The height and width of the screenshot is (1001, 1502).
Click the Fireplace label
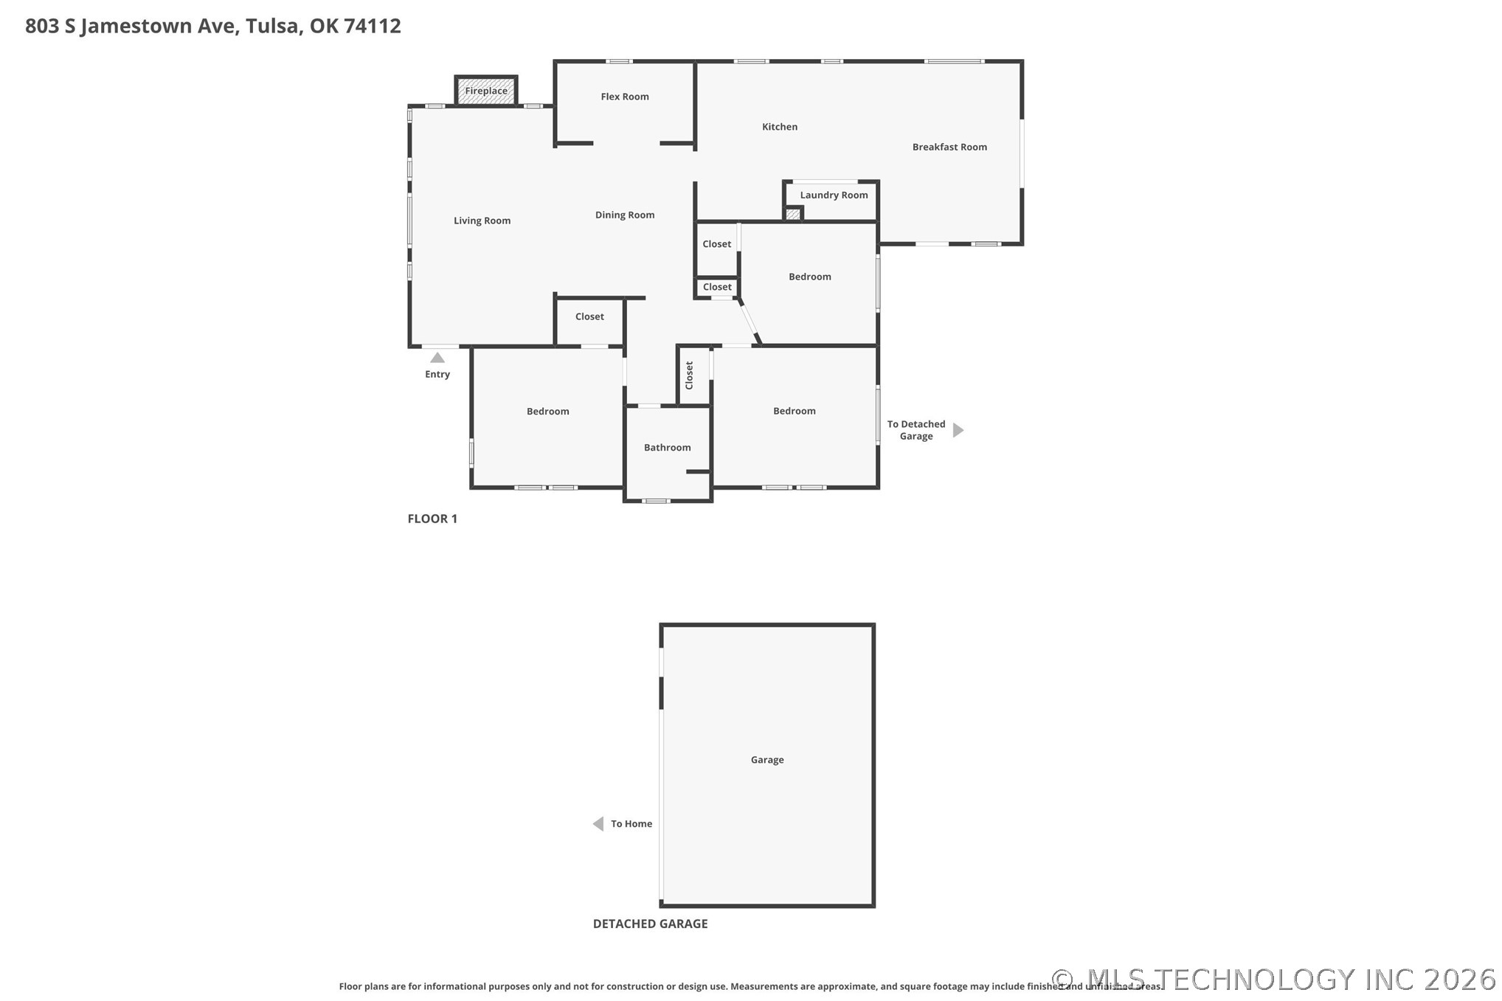tap(486, 91)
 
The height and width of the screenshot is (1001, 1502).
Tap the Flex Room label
tap(624, 97)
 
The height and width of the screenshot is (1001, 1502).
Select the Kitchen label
tap(779, 127)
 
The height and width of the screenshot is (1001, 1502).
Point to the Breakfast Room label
tap(949, 147)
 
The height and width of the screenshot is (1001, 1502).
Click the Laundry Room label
tap(834, 195)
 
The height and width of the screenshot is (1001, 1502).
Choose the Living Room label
tap(482, 221)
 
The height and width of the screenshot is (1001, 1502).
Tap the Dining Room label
tap(624, 215)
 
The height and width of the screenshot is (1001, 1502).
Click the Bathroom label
tap(667, 448)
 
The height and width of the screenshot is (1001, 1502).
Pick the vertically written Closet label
tap(689, 375)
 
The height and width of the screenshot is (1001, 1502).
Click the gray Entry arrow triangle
tap(437, 358)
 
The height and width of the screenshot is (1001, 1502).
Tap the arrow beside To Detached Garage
tap(958, 430)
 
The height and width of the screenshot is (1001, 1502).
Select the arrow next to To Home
tap(598, 824)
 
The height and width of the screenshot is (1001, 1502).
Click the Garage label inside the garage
tap(766, 760)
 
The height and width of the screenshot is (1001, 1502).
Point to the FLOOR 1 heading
tap(432, 519)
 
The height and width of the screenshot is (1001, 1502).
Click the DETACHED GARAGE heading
tap(650, 924)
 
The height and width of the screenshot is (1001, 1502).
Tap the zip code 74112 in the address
tap(372, 26)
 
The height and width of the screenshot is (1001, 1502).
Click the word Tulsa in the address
tap(272, 26)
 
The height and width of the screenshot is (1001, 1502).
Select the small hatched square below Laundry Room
tap(792, 215)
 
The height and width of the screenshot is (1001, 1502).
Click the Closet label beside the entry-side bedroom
tap(589, 316)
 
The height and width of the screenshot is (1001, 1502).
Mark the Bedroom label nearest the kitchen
tap(809, 277)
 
